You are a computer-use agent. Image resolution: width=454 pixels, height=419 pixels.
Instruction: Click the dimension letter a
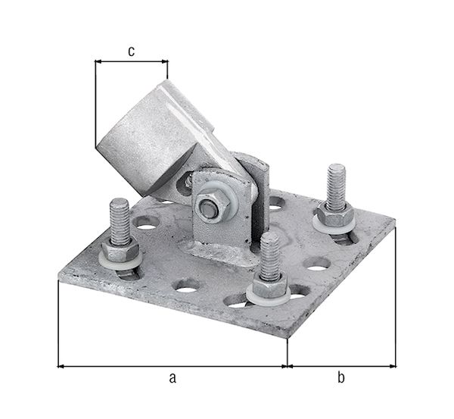[x=172, y=377]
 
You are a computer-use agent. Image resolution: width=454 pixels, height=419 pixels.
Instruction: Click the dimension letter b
[x=340, y=377]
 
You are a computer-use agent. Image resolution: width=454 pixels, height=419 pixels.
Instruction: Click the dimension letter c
[x=131, y=51]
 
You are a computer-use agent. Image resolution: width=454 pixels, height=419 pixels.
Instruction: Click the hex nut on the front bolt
[x=269, y=288]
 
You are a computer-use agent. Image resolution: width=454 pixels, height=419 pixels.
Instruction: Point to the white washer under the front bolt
[x=270, y=298]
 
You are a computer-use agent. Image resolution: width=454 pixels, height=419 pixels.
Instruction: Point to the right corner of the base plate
[x=394, y=222]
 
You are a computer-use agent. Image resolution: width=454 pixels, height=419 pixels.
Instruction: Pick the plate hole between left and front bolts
[x=186, y=286]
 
